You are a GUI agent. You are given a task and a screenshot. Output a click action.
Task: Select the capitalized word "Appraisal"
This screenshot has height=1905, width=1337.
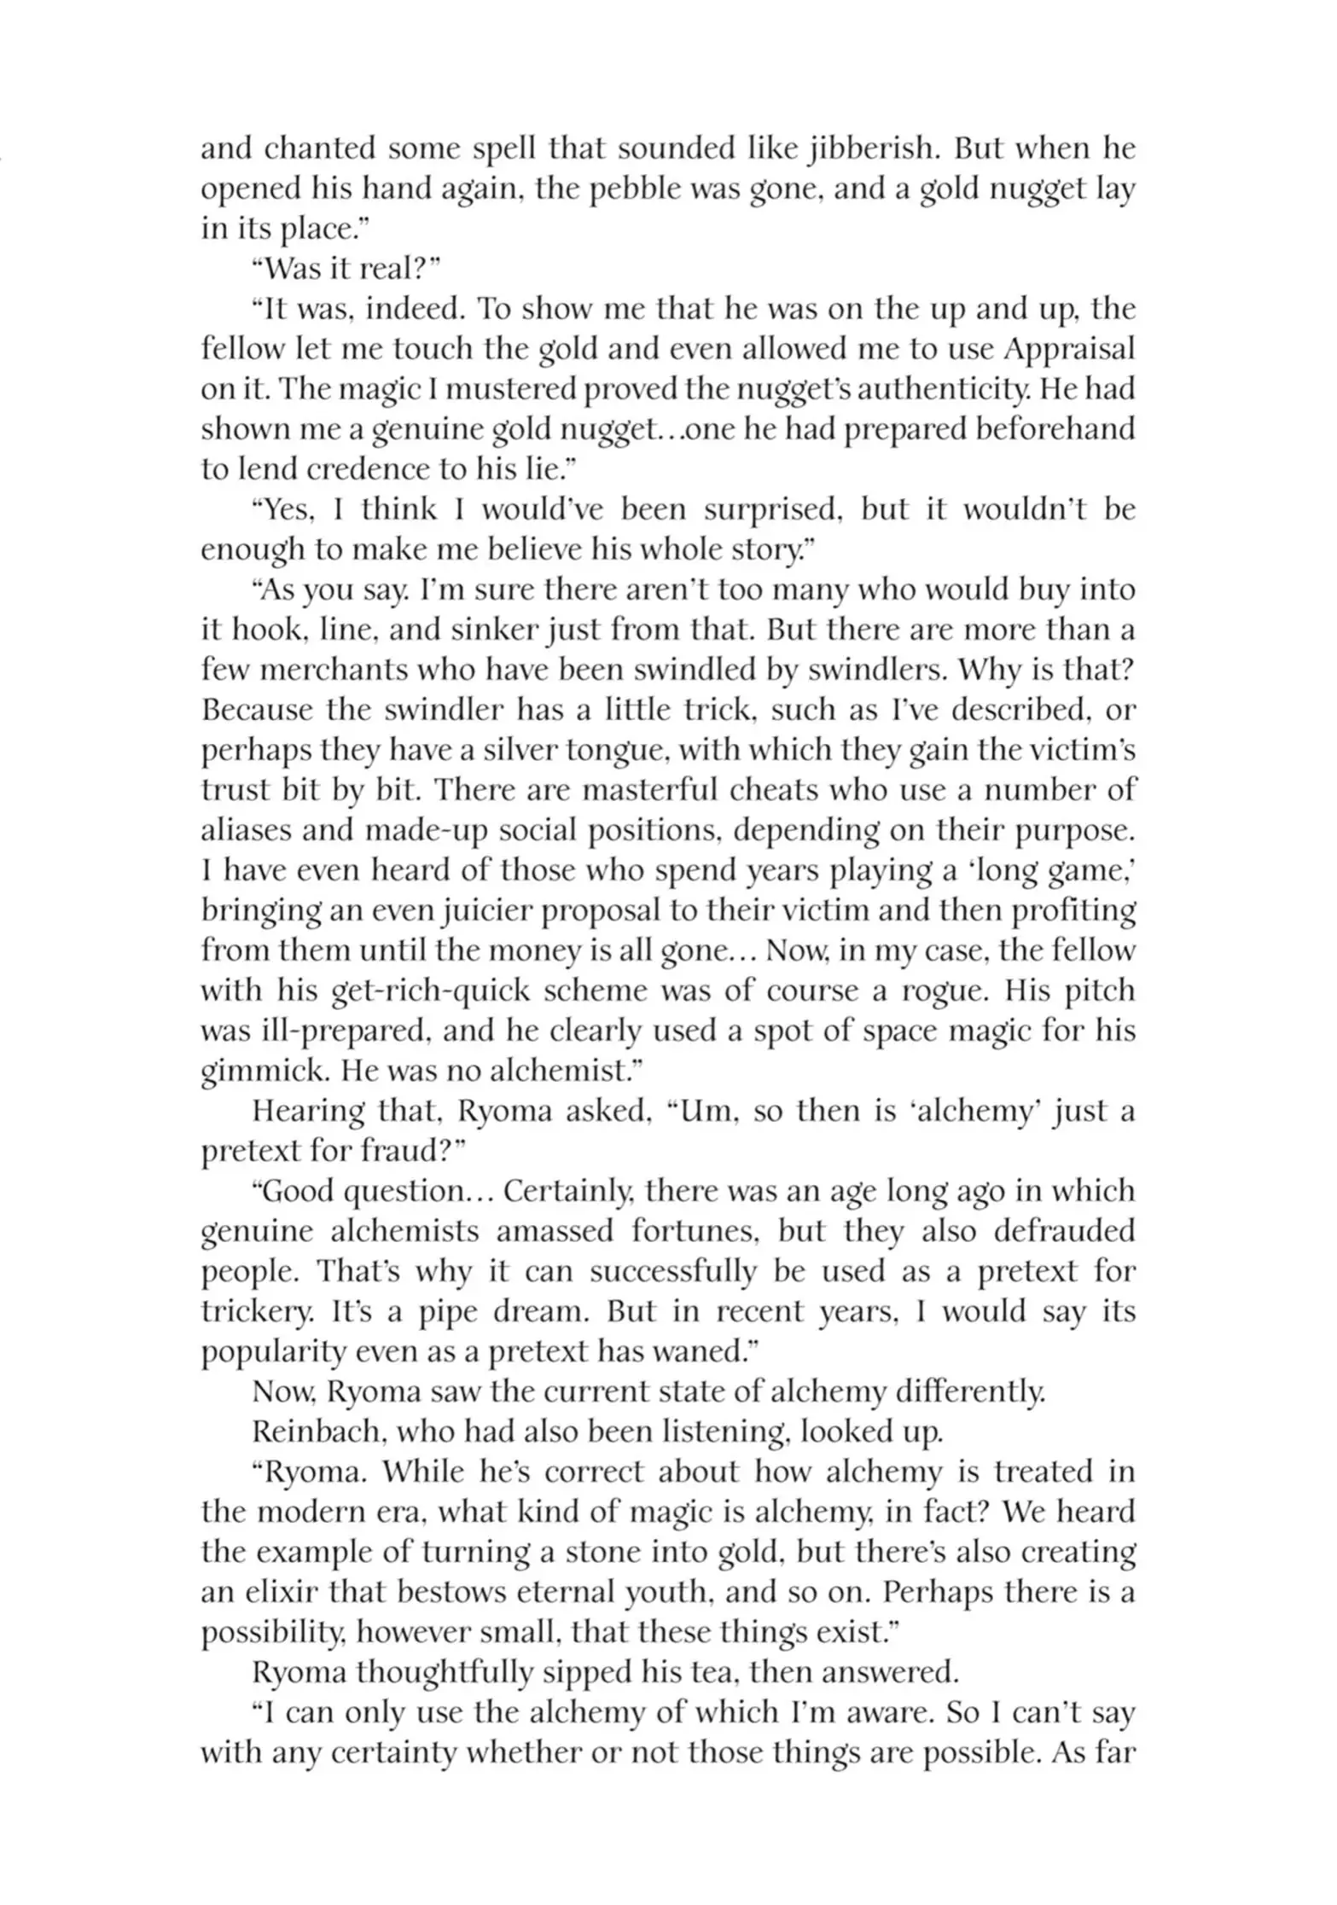[1069, 350]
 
